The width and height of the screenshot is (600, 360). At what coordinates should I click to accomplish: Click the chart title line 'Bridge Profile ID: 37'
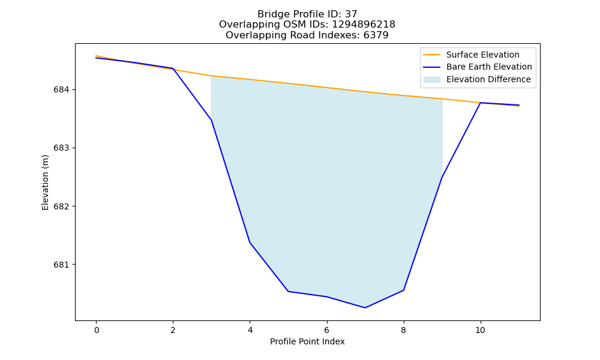pyautogui.click(x=307, y=14)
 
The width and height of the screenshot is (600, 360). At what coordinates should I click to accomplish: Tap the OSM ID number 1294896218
pyautogui.click(x=363, y=25)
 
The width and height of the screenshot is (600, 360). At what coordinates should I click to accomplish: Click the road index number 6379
pyautogui.click(x=376, y=35)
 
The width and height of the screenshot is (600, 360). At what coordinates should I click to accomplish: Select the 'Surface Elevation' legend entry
pyautogui.click(x=471, y=55)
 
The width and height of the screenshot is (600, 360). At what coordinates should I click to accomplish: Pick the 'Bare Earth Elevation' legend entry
pyautogui.click(x=478, y=67)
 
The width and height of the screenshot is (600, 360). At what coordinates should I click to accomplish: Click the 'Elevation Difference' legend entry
pyautogui.click(x=477, y=80)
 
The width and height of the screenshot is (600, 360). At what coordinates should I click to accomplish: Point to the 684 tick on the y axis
pyautogui.click(x=61, y=90)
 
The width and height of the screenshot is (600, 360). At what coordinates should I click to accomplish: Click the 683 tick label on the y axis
pyautogui.click(x=61, y=148)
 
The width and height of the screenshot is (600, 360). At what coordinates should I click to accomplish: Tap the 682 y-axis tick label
pyautogui.click(x=61, y=206)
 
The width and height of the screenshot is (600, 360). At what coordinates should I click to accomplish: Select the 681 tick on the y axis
pyautogui.click(x=61, y=265)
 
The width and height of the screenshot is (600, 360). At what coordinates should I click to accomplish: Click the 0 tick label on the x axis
pyautogui.click(x=97, y=330)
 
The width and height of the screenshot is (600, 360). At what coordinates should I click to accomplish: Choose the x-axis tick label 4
pyautogui.click(x=250, y=330)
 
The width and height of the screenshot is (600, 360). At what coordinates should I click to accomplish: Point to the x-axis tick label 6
pyautogui.click(x=327, y=330)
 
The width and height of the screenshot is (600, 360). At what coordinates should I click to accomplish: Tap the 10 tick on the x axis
pyautogui.click(x=480, y=330)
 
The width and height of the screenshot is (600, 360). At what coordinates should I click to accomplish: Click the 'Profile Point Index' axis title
pyautogui.click(x=307, y=341)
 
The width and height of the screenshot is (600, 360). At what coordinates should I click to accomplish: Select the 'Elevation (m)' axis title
pyautogui.click(x=46, y=182)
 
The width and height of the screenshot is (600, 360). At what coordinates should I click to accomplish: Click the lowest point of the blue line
pyautogui.click(x=365, y=308)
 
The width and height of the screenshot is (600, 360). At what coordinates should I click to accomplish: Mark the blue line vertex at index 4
pyautogui.click(x=250, y=242)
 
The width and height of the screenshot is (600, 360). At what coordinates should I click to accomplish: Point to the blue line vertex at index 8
pyautogui.click(x=403, y=290)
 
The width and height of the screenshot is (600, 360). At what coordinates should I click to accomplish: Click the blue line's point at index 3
pyautogui.click(x=211, y=120)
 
